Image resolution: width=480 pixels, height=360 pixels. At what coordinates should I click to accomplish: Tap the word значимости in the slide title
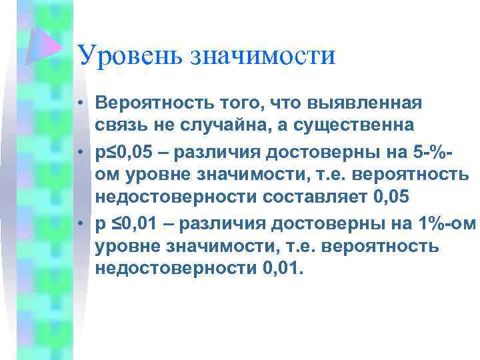(264, 56)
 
